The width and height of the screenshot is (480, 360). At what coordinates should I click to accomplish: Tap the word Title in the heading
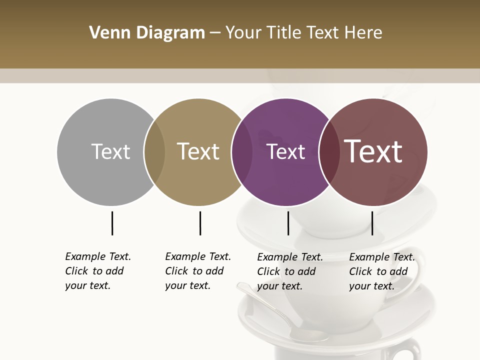(x=287, y=33)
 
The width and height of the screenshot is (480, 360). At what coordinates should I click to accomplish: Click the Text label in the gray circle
(x=110, y=151)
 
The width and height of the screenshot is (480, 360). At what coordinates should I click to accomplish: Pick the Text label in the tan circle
(x=198, y=151)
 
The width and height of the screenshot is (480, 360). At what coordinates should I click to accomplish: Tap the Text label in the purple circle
(x=285, y=151)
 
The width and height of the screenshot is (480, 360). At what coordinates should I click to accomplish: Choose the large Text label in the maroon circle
(x=373, y=151)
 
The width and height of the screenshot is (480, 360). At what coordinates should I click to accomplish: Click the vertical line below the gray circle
(x=112, y=223)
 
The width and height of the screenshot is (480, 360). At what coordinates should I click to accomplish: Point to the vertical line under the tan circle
(x=200, y=223)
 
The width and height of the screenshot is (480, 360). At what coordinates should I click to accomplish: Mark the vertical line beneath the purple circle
(x=288, y=223)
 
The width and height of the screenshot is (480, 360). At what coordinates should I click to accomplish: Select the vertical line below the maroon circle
(x=372, y=223)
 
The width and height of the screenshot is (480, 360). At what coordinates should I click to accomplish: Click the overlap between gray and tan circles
(x=154, y=152)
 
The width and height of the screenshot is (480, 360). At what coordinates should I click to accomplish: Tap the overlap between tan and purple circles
(x=242, y=152)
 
